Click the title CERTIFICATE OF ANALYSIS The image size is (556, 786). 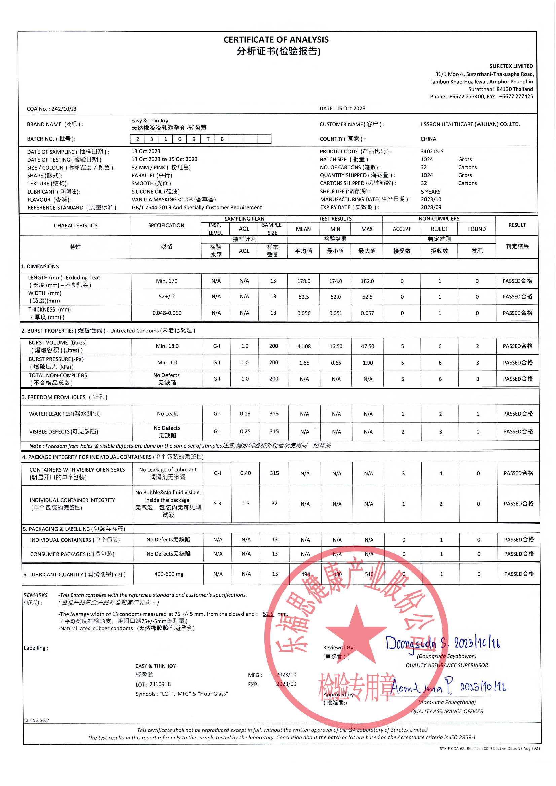tap(276, 40)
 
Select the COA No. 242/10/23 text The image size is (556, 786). tap(51, 109)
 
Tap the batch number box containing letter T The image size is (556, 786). tap(208, 139)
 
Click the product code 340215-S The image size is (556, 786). tap(432, 151)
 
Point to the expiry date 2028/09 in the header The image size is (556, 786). tap(431, 207)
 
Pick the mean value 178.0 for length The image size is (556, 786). tap(303, 281)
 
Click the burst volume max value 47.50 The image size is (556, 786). tap(367, 346)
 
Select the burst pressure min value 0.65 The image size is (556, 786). tap(336, 363)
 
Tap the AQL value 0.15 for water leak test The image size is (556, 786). tap(245, 414)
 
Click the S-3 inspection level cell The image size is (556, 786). tap(217, 504)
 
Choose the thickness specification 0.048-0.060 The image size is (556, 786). tap(167, 313)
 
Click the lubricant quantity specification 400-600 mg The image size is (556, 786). tap(169, 574)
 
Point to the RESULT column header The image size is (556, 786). tap(517, 225)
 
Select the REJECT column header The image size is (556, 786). tap(439, 229)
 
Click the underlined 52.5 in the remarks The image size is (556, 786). tap(268, 614)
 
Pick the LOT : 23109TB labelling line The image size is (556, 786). tap(153, 684)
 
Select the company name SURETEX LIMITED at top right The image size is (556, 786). tap(511, 66)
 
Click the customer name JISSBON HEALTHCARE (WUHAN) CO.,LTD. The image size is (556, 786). tap(470, 124)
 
